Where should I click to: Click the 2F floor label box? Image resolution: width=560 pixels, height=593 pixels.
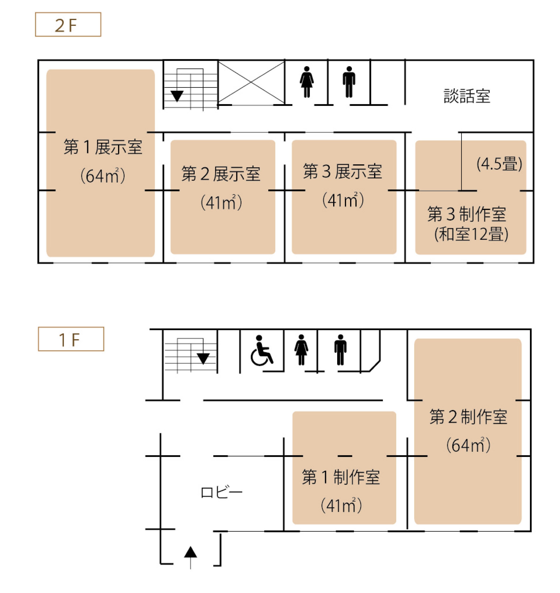click(x=68, y=24)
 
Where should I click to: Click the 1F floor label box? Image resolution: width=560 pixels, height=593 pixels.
click(x=71, y=339)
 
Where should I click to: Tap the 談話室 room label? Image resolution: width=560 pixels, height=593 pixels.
click(x=467, y=96)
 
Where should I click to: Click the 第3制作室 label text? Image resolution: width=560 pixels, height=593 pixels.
click(x=467, y=214)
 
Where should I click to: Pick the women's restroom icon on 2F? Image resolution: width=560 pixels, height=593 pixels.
click(x=307, y=82)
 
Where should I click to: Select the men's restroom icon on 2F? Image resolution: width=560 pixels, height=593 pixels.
click(x=349, y=82)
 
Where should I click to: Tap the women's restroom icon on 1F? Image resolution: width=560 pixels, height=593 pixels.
click(x=301, y=350)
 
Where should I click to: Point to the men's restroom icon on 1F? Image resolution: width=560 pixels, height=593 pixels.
click(x=340, y=350)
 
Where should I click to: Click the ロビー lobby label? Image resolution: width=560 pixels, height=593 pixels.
click(x=221, y=492)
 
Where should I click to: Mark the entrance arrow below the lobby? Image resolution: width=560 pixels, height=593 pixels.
click(x=190, y=557)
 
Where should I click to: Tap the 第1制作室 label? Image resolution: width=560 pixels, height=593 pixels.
click(x=341, y=477)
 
